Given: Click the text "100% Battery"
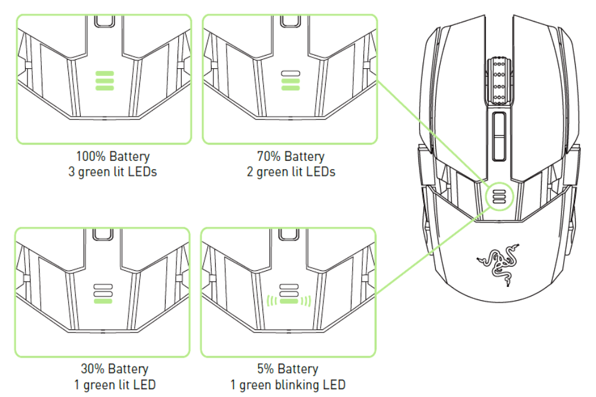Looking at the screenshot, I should point(113,157).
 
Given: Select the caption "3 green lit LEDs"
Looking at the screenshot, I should point(113,172).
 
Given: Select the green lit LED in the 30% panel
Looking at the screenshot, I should point(103,301).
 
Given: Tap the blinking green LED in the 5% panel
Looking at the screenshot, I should point(289,301).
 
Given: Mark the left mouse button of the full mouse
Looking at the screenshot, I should point(460,90).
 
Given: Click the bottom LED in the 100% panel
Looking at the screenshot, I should point(105,88).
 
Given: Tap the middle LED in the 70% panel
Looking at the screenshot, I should point(291,81).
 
